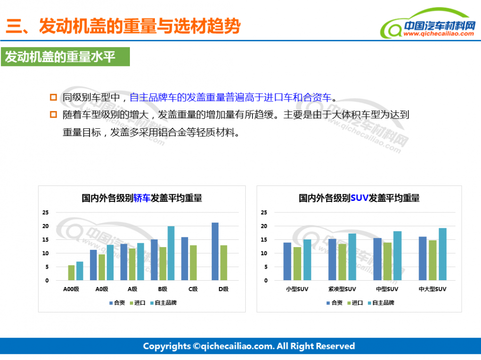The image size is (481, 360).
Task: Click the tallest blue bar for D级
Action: (x=215, y=251)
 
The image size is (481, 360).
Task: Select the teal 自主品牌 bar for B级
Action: (x=171, y=253)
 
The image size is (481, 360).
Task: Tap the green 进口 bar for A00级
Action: (x=71, y=273)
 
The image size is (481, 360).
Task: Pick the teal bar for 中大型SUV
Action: (x=443, y=254)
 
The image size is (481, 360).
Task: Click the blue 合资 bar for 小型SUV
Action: (x=287, y=261)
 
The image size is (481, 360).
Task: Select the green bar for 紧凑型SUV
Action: (x=342, y=262)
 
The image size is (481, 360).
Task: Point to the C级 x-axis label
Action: (x=193, y=289)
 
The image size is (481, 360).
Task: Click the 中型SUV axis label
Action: (x=387, y=289)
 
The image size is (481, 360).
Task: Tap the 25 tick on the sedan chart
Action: (x=45, y=212)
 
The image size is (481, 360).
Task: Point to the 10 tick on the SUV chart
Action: (x=264, y=253)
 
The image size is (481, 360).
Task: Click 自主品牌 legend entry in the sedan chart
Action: (x=164, y=303)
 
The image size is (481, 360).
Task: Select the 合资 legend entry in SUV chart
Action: (x=334, y=303)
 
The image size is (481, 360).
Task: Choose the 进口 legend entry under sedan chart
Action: (x=138, y=303)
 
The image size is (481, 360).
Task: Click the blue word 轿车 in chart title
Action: (x=142, y=198)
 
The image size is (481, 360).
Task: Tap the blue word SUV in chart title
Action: (x=359, y=198)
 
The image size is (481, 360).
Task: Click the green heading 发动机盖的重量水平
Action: (x=60, y=57)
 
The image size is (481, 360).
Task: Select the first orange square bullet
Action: (x=53, y=97)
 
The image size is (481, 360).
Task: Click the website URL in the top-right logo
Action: (x=439, y=34)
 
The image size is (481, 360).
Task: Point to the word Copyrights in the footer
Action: (x=167, y=346)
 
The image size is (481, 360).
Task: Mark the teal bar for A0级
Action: (x=110, y=262)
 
